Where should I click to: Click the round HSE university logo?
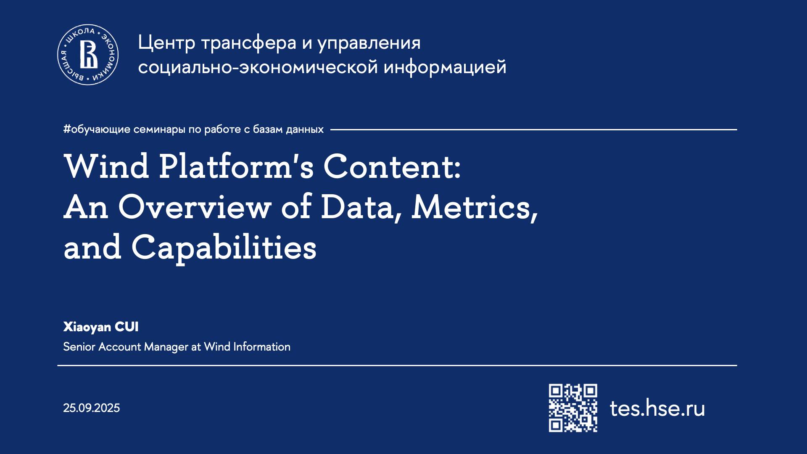(x=88, y=55)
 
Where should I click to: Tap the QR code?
(x=573, y=408)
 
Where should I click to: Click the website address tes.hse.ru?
(x=657, y=408)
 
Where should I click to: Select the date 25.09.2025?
(x=92, y=408)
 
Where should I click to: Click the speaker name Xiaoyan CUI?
(x=101, y=327)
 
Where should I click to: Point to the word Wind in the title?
(x=107, y=166)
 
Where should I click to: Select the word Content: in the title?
(x=392, y=166)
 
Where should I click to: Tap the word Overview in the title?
(x=195, y=207)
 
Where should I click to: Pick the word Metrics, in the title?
(x=475, y=207)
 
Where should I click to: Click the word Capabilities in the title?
(x=224, y=247)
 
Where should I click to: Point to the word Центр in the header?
(x=167, y=43)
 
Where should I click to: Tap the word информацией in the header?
(x=445, y=67)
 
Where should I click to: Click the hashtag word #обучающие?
(x=97, y=129)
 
